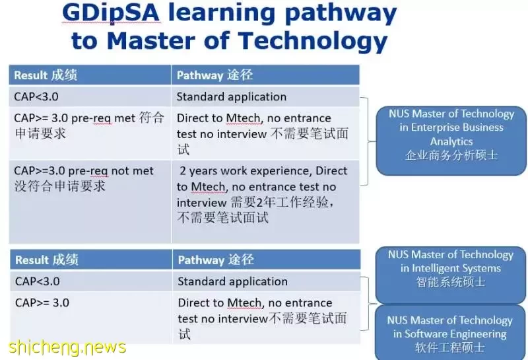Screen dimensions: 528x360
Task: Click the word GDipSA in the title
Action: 110,13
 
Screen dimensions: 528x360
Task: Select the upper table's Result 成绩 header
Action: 90,75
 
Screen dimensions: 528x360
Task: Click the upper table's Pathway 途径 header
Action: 265,75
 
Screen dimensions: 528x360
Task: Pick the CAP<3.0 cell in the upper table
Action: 90,96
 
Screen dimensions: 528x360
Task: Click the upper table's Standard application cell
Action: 265,96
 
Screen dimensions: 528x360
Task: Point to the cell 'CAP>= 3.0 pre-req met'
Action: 90,133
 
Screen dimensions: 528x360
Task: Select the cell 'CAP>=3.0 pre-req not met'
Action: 90,201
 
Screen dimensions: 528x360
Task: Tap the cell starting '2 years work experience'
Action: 265,201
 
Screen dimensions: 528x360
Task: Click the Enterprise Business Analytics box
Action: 451,141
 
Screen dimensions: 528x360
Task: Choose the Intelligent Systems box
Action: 451,275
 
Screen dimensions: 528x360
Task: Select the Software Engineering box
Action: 450,333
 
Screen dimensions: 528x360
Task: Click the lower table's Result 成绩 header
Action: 91,260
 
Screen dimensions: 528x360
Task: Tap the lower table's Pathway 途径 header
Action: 267,260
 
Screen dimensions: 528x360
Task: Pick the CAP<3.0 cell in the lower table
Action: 91,281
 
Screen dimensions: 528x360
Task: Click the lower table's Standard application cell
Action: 267,281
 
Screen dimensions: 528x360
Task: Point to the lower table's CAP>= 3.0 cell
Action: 91,318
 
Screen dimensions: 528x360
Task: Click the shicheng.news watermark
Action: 67,347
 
